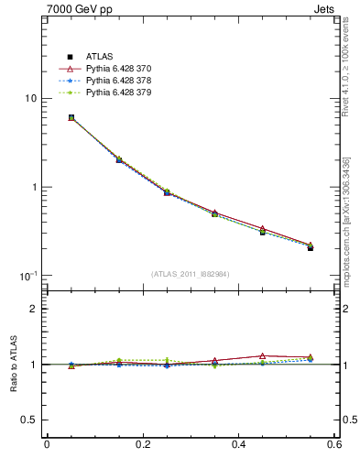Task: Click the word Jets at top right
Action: tap(325, 10)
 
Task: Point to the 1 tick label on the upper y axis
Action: tap(33, 188)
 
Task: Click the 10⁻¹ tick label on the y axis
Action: tap(27, 276)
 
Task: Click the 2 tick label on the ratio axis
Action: tap(33, 309)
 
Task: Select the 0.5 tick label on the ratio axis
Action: tap(28, 420)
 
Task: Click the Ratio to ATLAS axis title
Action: tap(12, 364)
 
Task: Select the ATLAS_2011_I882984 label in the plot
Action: tap(191, 274)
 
